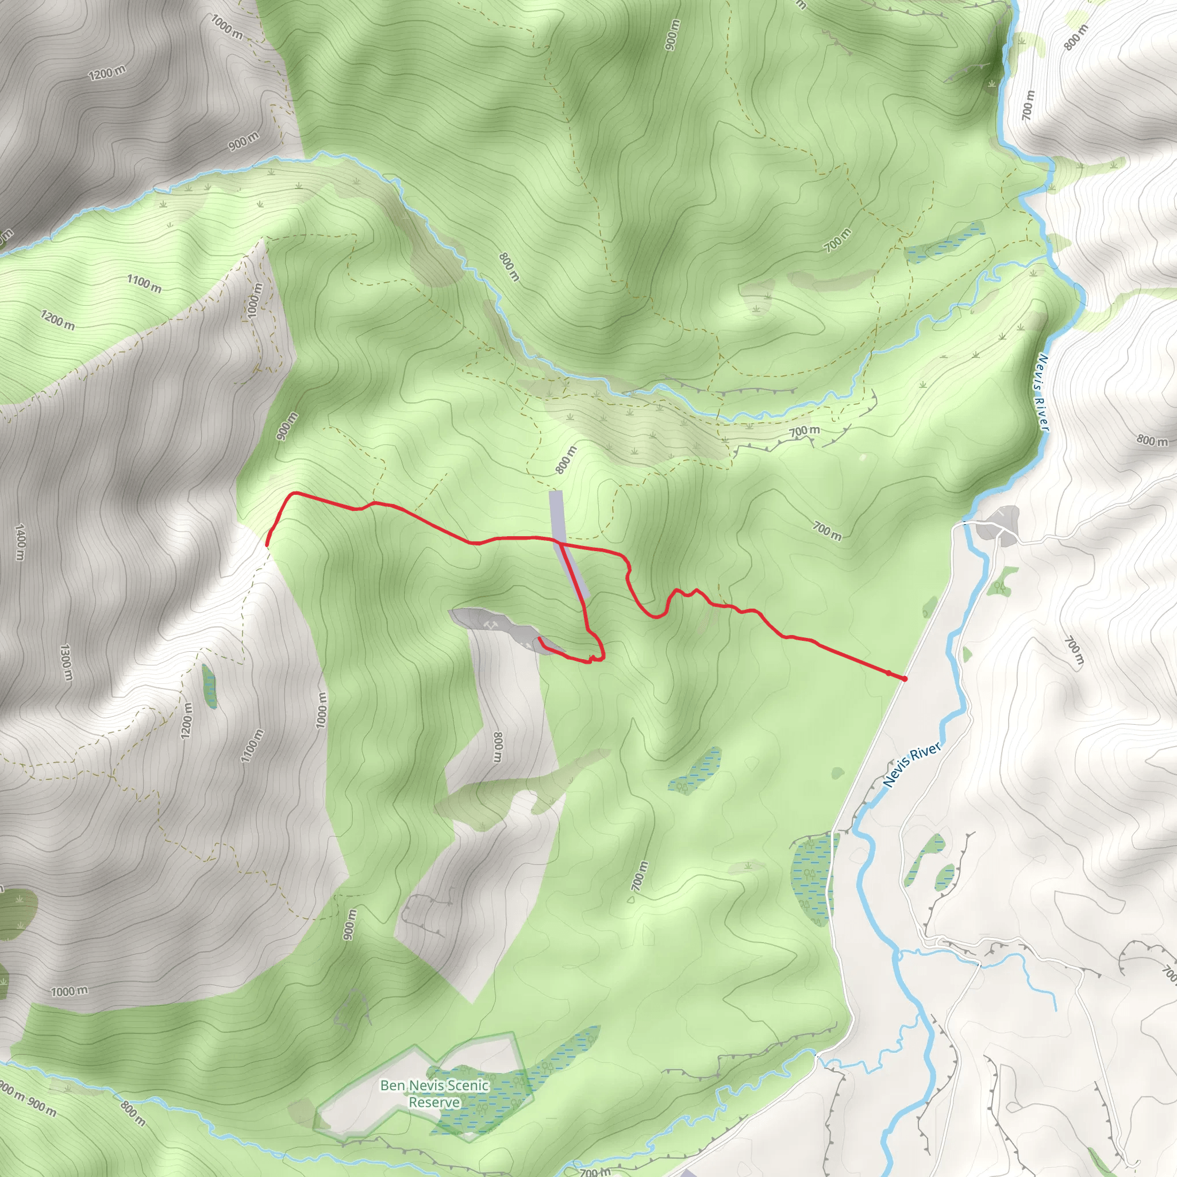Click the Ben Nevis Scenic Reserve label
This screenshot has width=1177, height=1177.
point(434,1093)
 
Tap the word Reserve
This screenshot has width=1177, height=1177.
point(434,1102)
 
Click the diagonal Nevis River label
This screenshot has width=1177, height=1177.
point(911,764)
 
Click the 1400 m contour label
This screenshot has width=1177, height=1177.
point(20,541)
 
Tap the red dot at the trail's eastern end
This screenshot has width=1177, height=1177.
point(905,679)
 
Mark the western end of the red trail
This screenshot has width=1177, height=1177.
point(267,544)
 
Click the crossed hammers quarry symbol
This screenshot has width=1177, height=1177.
point(491,625)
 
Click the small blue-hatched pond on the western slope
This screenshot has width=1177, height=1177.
point(209,686)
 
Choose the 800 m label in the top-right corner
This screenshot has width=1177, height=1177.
point(1076,38)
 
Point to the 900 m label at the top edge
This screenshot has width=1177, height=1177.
point(671,35)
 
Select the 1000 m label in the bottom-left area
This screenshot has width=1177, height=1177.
point(69,991)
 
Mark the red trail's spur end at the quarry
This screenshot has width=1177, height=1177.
point(540,638)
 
